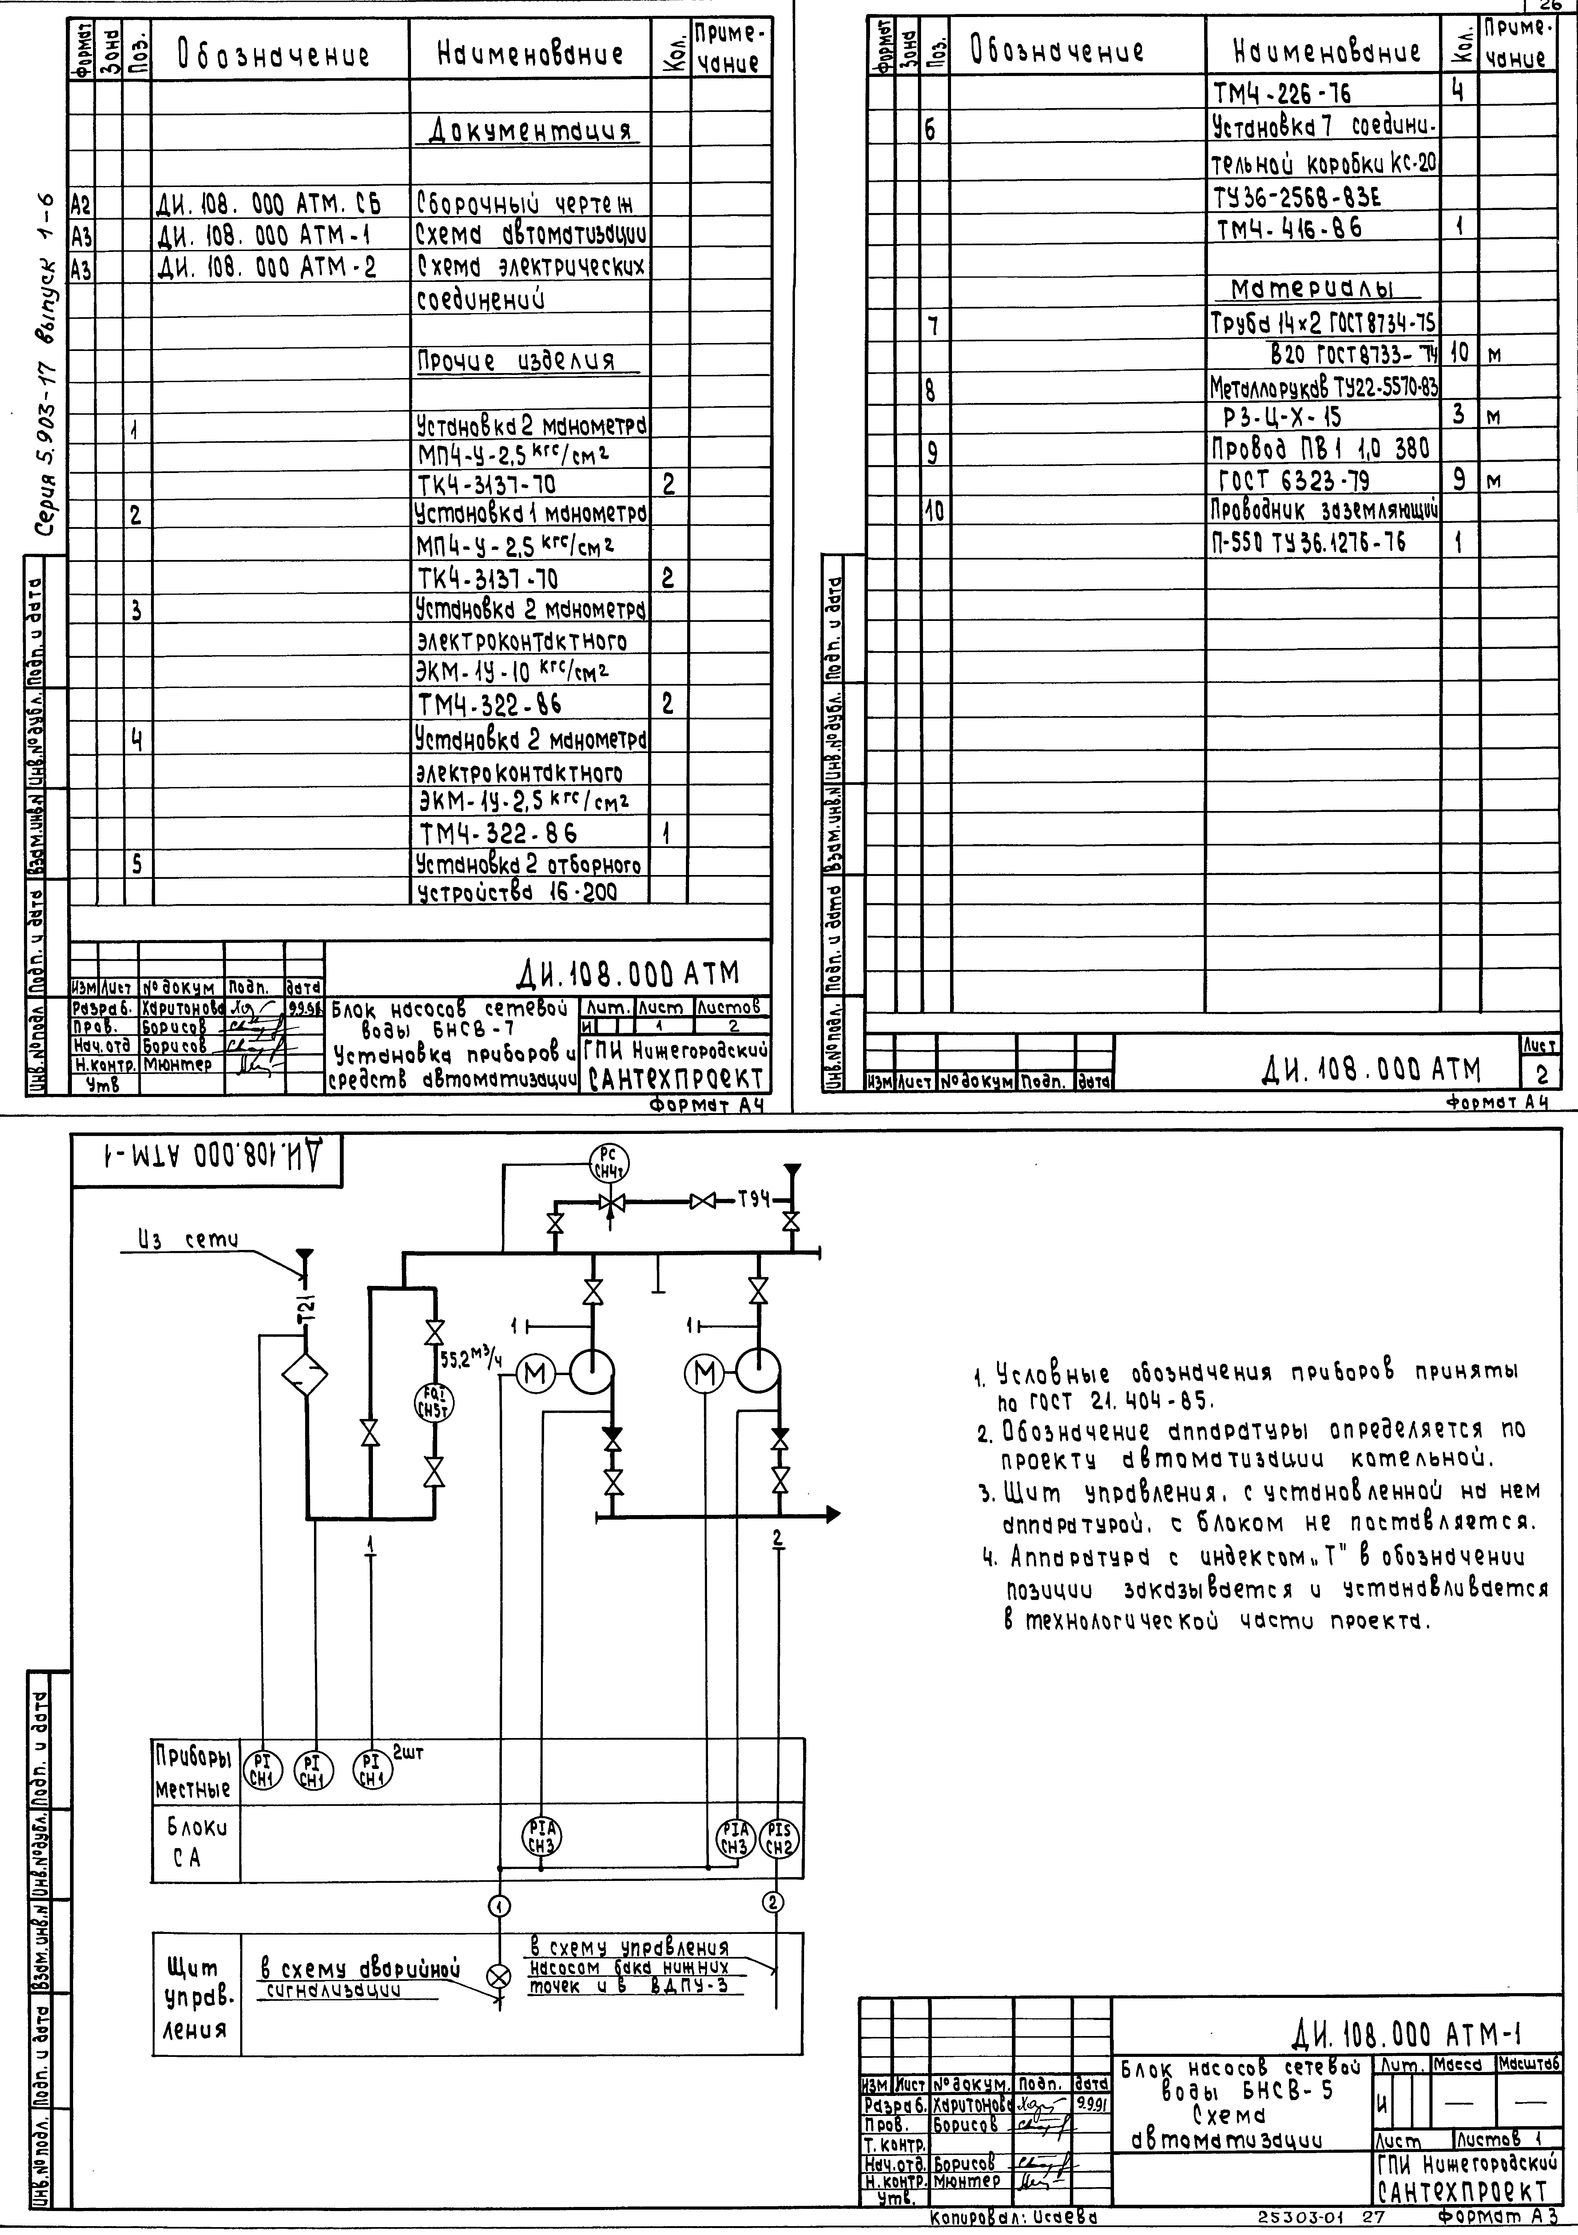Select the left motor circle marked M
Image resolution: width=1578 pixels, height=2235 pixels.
[x=534, y=1373]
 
